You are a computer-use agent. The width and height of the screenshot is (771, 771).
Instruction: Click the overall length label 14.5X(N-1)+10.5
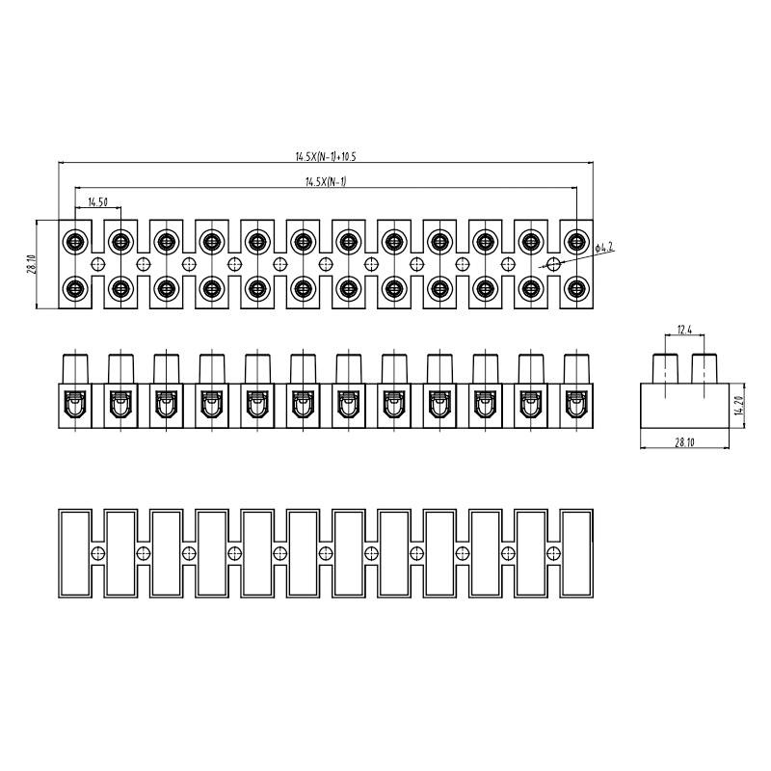point(326,157)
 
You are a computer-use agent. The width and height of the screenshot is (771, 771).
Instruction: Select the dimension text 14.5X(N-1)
point(326,182)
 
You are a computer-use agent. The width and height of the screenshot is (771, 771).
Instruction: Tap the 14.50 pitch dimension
point(98,202)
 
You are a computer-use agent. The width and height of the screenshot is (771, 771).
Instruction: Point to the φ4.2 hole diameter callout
point(604,248)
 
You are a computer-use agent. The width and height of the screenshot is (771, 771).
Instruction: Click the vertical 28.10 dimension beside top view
point(32,264)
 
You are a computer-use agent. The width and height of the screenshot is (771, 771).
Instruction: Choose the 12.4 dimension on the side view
point(684,330)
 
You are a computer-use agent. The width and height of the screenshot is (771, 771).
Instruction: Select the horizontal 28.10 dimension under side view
point(684,442)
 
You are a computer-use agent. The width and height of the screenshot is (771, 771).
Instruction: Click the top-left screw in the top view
point(75,242)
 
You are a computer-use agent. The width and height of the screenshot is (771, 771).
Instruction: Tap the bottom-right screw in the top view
point(576,288)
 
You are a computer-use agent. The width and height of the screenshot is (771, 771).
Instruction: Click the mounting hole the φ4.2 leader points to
point(554,264)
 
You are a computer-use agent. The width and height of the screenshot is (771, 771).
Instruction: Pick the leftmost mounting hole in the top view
point(98,264)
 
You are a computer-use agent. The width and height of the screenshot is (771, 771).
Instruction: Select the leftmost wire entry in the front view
point(75,404)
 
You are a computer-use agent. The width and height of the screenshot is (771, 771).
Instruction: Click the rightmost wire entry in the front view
point(576,404)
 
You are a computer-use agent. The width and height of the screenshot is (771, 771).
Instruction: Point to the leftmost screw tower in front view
point(75,369)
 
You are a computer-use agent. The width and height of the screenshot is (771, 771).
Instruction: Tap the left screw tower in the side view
point(665,369)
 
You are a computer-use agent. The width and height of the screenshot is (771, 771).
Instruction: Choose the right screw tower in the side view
point(705,369)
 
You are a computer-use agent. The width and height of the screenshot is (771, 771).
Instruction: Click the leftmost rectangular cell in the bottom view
point(75,553)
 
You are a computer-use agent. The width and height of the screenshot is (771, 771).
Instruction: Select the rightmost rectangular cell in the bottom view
point(576,553)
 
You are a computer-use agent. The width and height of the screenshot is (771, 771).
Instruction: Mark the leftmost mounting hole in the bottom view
point(98,553)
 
